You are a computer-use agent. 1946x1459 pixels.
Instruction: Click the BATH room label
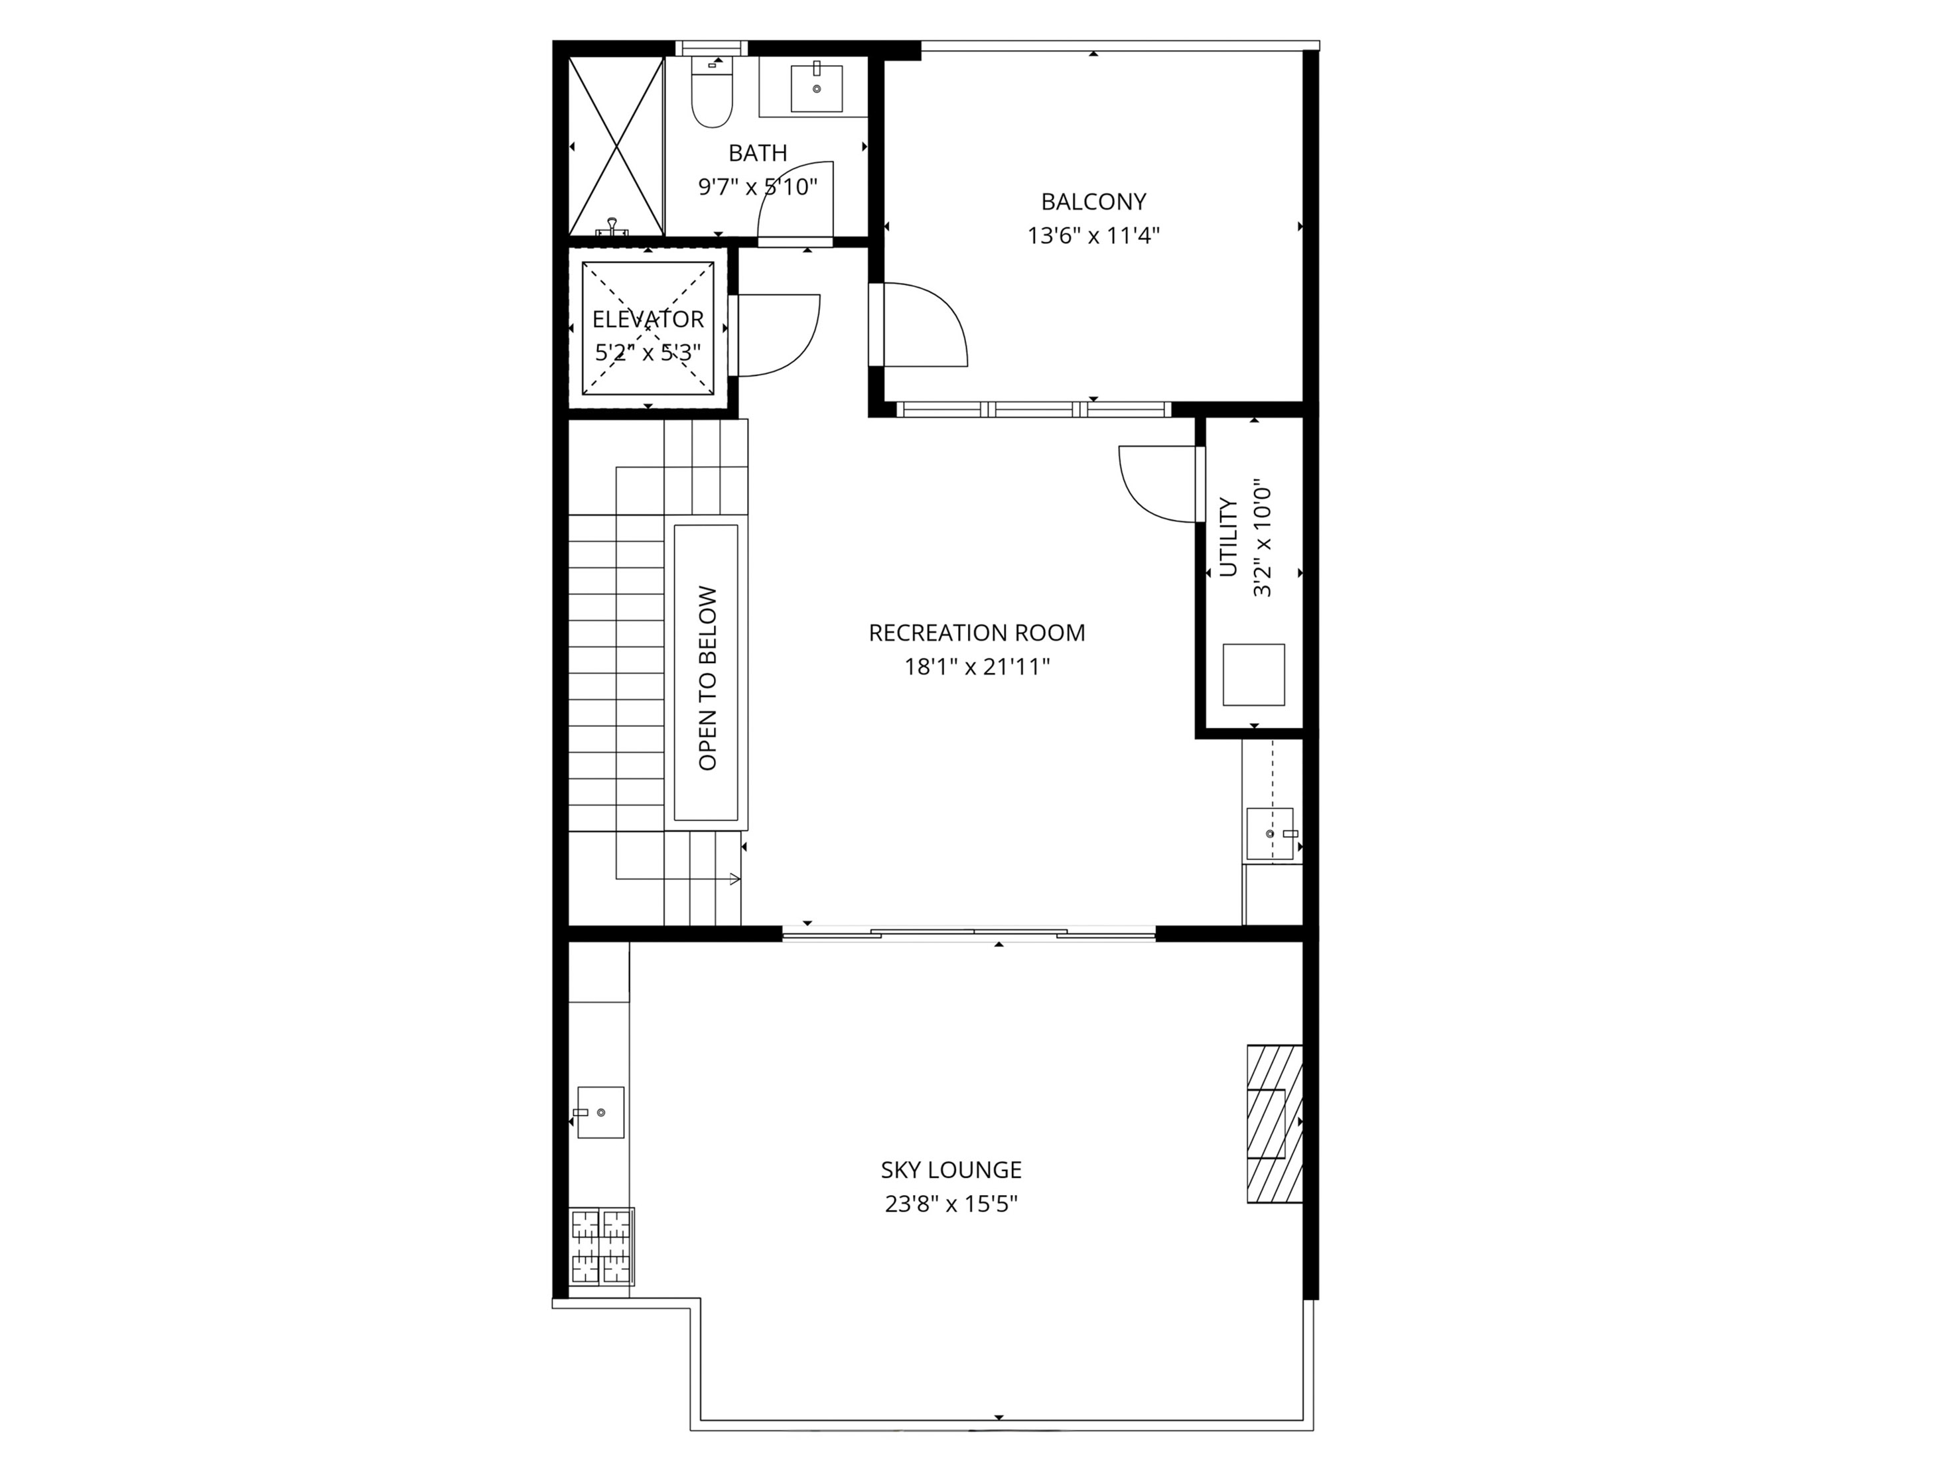click(758, 153)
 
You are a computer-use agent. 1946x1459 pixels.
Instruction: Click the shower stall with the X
click(616, 146)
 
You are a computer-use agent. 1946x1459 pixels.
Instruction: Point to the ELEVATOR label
click(648, 319)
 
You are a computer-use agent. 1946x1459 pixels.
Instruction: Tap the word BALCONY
click(1093, 202)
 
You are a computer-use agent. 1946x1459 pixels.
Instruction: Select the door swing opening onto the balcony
click(924, 324)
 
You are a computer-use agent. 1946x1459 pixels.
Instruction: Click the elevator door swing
click(778, 334)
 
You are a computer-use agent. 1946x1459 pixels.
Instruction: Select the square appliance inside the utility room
click(1253, 674)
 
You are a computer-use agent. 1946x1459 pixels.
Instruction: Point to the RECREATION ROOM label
click(977, 632)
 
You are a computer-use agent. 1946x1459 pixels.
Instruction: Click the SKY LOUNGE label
click(951, 1170)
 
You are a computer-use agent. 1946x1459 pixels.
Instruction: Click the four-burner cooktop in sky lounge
click(602, 1246)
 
